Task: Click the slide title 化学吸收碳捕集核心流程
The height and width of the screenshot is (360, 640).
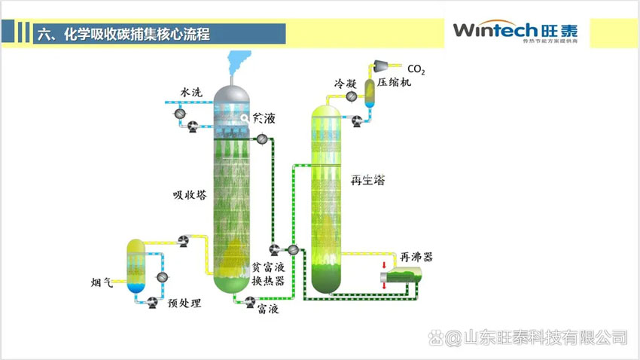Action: click(124, 34)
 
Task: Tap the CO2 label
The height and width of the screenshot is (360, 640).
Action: click(416, 70)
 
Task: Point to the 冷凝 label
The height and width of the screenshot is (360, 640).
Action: click(346, 82)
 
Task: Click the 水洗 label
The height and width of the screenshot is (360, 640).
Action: click(190, 93)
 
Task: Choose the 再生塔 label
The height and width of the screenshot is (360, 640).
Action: click(368, 180)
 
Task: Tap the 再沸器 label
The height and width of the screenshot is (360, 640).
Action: click(416, 257)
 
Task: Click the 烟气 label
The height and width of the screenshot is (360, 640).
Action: click(101, 283)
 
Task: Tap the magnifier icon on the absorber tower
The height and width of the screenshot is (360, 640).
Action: click(245, 118)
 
